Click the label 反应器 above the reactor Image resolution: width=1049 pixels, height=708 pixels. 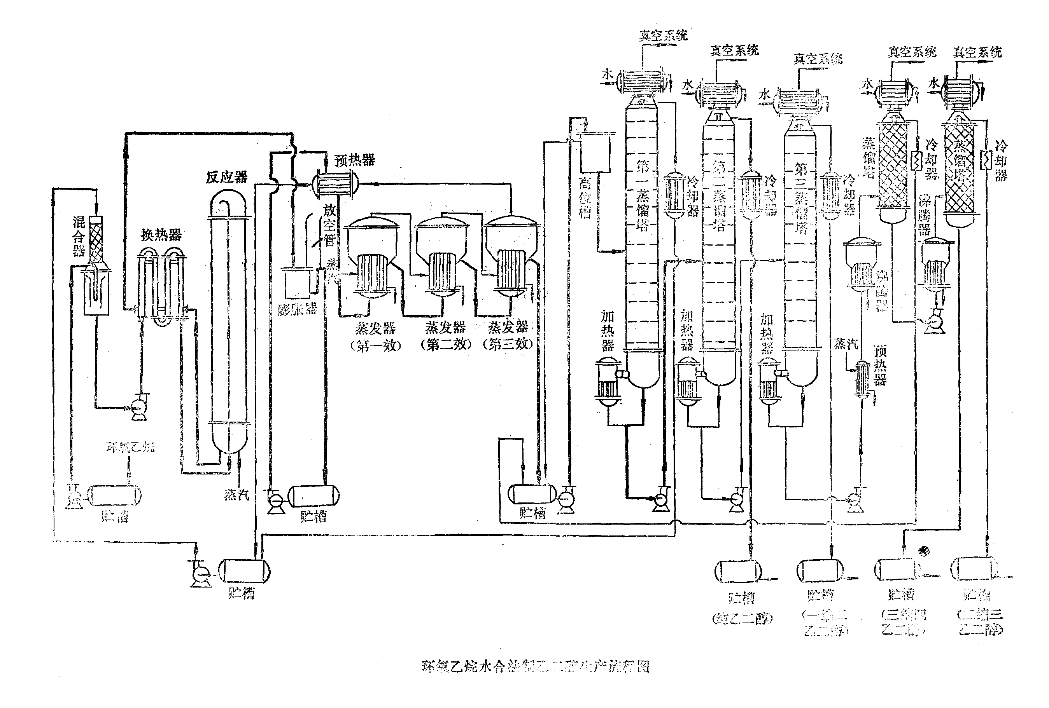tap(227, 177)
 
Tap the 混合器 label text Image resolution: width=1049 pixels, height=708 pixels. tap(79, 236)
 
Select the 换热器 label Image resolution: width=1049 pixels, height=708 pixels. tap(161, 234)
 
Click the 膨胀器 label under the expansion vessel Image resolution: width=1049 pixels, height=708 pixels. tap(297, 309)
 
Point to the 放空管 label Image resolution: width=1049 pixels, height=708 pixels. tap(329, 225)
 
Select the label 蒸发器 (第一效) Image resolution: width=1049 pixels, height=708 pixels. tap(376, 337)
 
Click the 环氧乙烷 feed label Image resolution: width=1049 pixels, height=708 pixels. tap(130, 447)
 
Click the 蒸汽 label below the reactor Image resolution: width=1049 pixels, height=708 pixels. tap(236, 495)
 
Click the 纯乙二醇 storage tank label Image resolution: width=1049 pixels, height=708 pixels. tap(742, 618)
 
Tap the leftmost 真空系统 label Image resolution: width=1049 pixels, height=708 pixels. tap(663, 35)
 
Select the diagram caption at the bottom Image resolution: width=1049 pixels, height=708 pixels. tap(535, 666)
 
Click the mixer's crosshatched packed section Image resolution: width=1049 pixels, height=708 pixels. tap(96, 241)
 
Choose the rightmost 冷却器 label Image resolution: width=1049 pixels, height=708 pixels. tap(1001, 160)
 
